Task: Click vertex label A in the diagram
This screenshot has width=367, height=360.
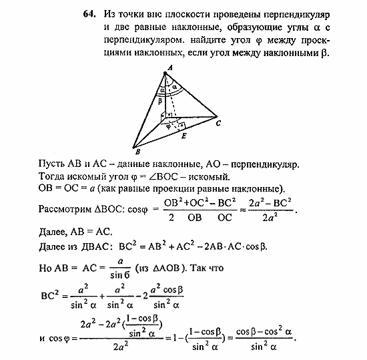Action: click(x=169, y=67)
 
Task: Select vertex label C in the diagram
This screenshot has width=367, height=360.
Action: click(x=218, y=123)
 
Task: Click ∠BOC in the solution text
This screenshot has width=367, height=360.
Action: click(x=161, y=176)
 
